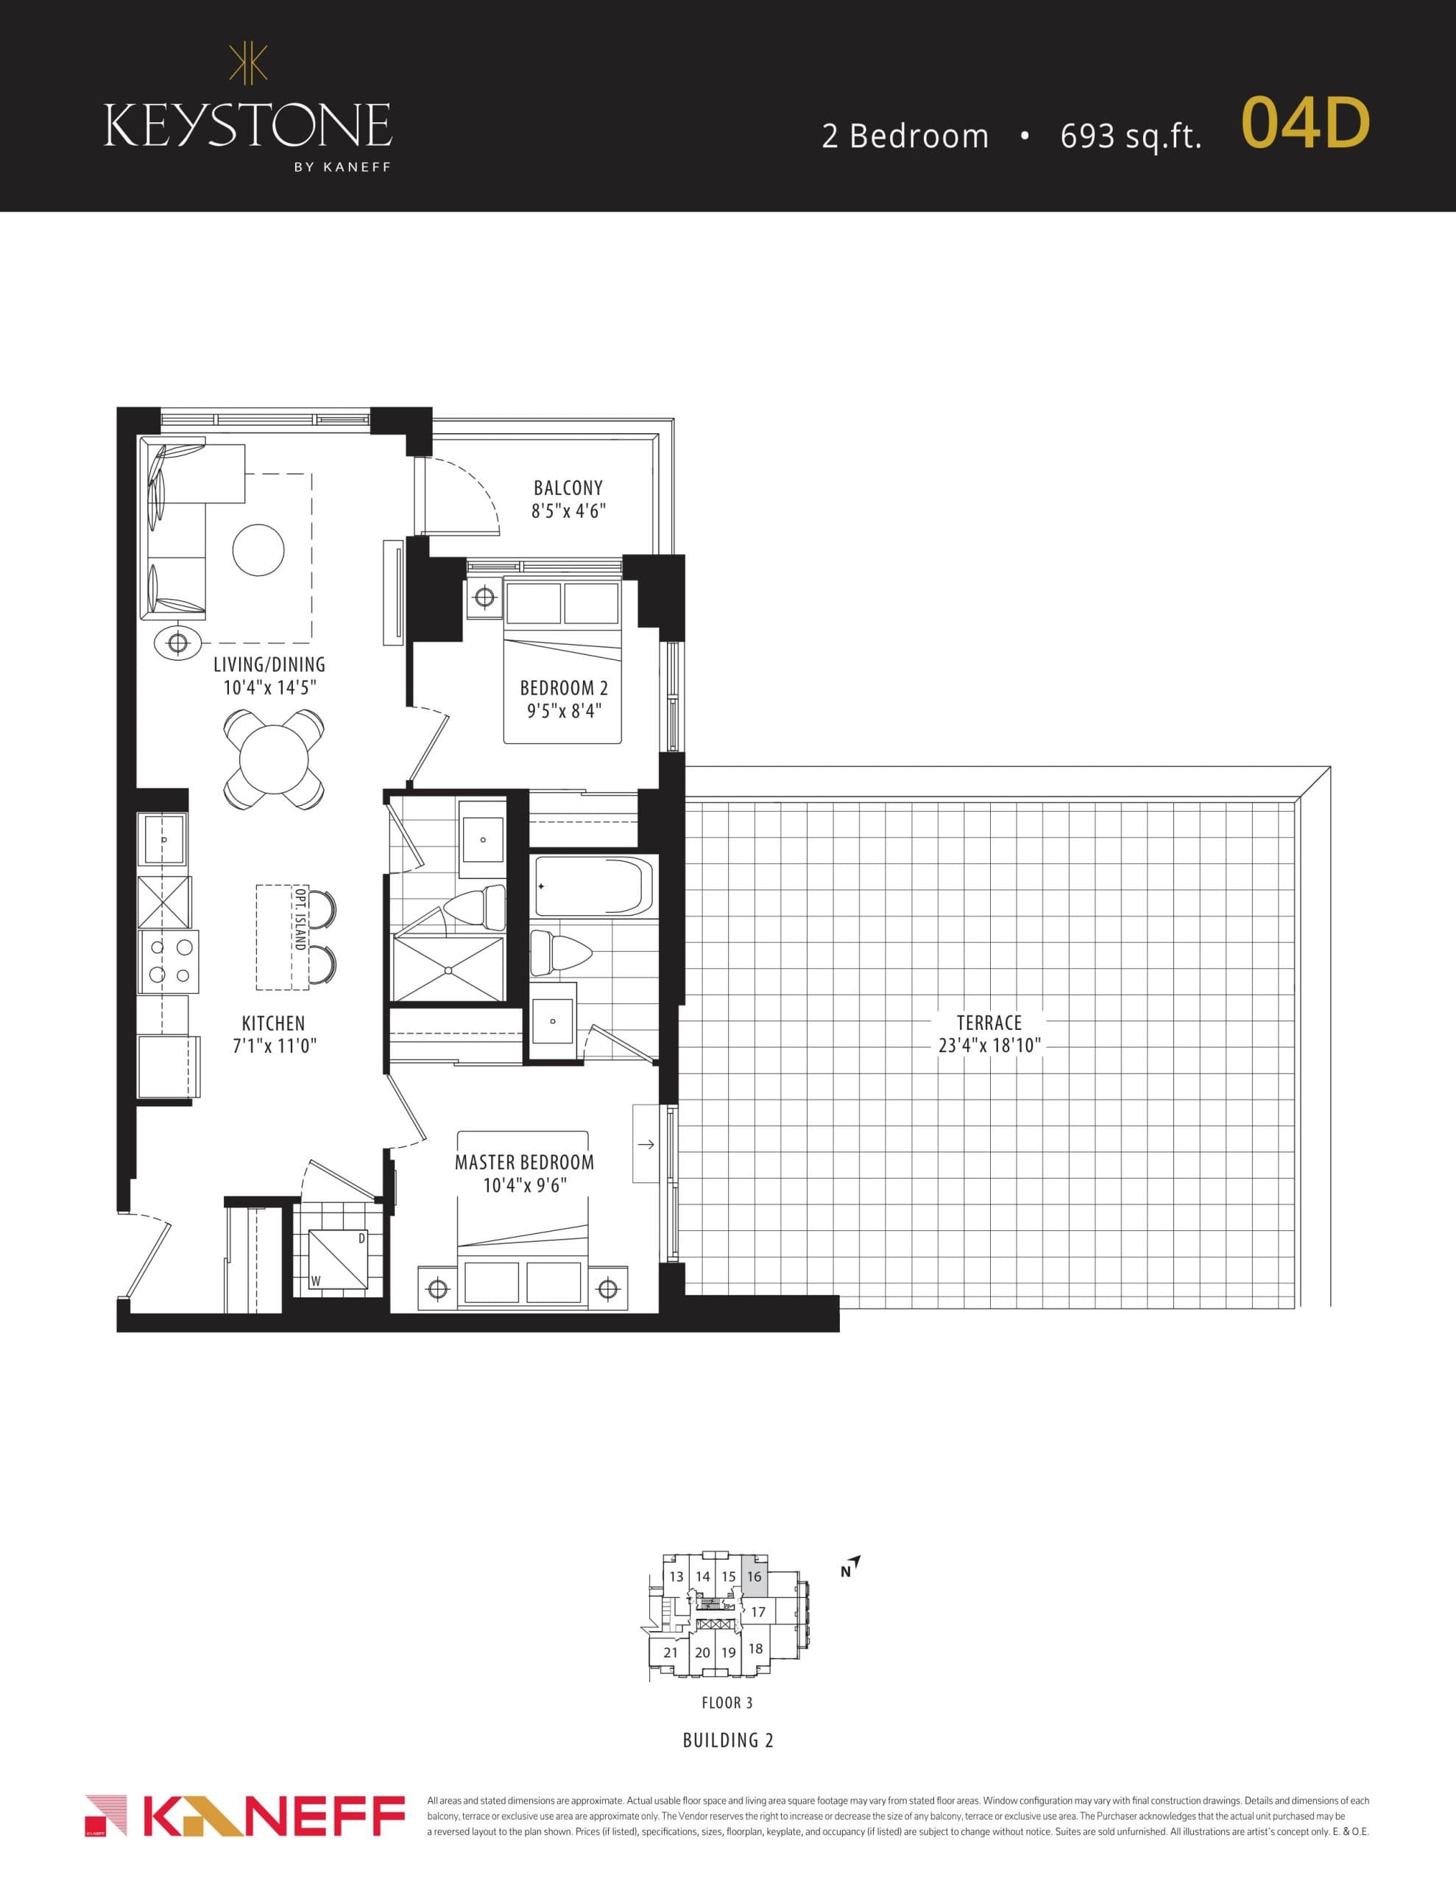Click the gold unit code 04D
click(1305, 124)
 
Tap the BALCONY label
click(568, 488)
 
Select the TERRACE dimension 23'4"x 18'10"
click(989, 1045)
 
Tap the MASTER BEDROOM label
click(524, 1163)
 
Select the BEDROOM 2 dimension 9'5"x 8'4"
click(564, 711)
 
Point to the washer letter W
click(316, 1280)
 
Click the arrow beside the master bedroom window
click(646, 1144)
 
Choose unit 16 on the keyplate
click(754, 1577)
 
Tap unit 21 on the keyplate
click(671, 1653)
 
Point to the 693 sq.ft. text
click(1131, 136)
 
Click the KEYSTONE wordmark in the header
click(248, 125)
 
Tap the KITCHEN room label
click(273, 1023)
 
